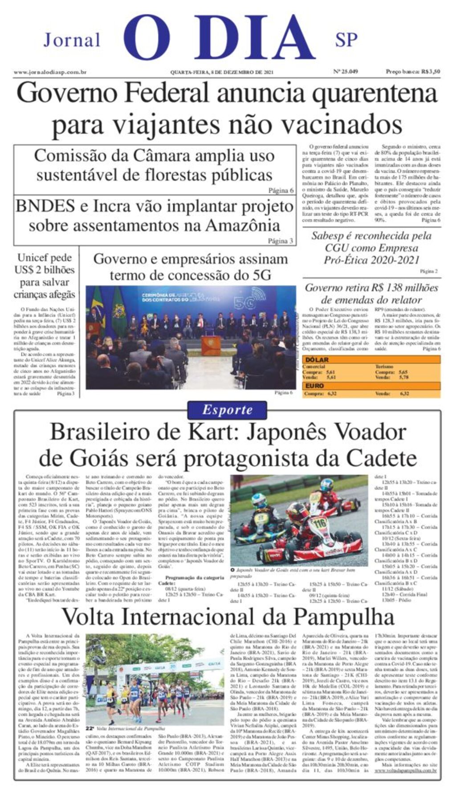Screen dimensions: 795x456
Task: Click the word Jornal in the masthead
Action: click(x=72, y=40)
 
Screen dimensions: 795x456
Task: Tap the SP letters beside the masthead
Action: click(x=346, y=40)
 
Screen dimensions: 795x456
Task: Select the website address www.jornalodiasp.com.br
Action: click(x=50, y=72)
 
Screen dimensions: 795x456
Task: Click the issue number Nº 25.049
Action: click(x=346, y=72)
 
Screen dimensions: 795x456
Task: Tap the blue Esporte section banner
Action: click(x=227, y=410)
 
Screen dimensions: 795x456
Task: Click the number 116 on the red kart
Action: click(x=319, y=523)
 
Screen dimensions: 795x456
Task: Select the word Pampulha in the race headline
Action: click(x=343, y=617)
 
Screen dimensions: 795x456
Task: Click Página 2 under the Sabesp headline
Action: click(x=428, y=271)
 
